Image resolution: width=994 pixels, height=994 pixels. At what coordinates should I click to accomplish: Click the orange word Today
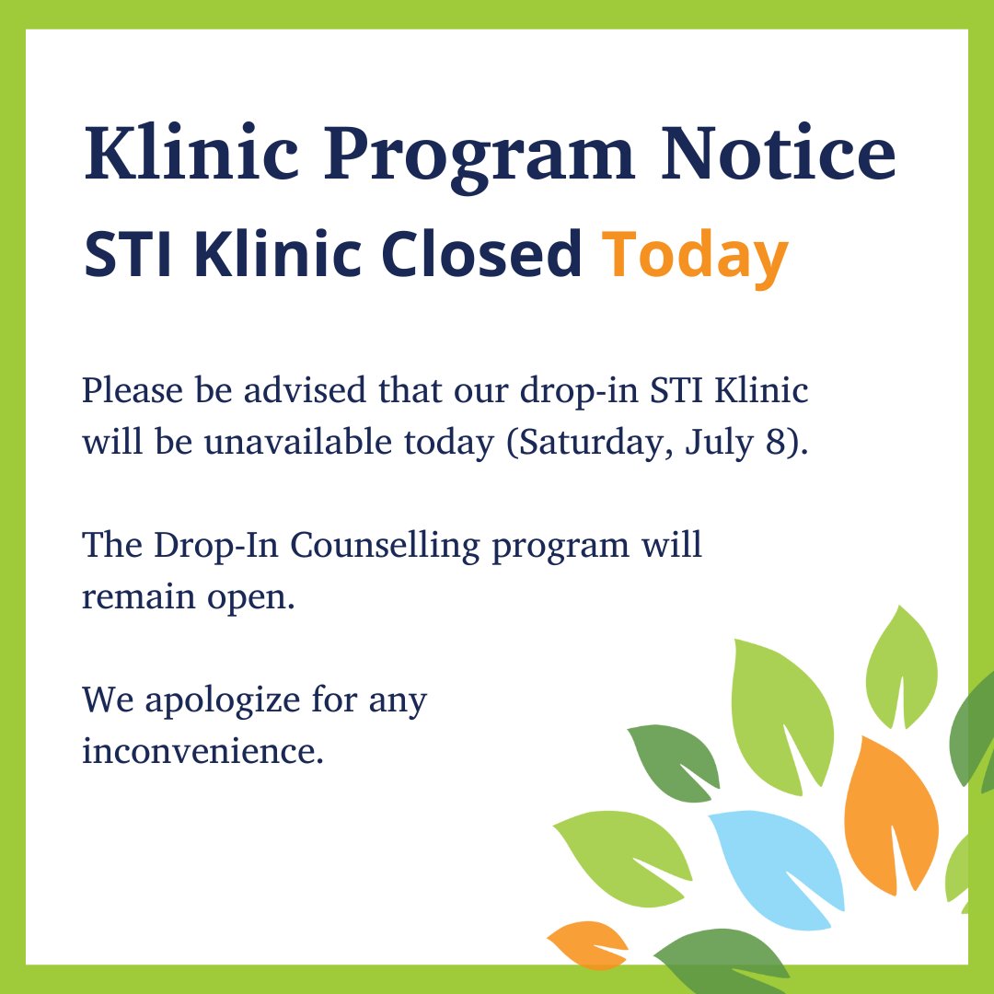point(696,257)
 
